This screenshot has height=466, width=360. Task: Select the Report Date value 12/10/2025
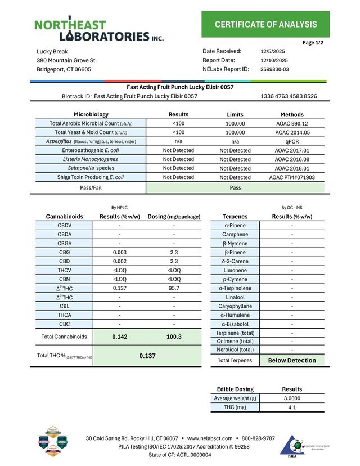274,60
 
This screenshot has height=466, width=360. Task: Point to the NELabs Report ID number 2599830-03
275,69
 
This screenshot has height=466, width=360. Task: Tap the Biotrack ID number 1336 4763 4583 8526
289,96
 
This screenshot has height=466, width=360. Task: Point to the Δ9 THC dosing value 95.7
174,288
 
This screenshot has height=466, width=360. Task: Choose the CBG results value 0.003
119,252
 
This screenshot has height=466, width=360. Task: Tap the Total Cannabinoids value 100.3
174,337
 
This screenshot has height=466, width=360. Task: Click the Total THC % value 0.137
147,356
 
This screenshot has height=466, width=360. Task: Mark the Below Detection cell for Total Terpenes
291,360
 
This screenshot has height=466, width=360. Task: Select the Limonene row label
235,270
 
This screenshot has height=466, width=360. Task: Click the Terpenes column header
235,216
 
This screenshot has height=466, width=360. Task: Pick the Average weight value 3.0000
291,398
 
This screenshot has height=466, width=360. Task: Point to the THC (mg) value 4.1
291,407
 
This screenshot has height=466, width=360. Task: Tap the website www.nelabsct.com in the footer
209,438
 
